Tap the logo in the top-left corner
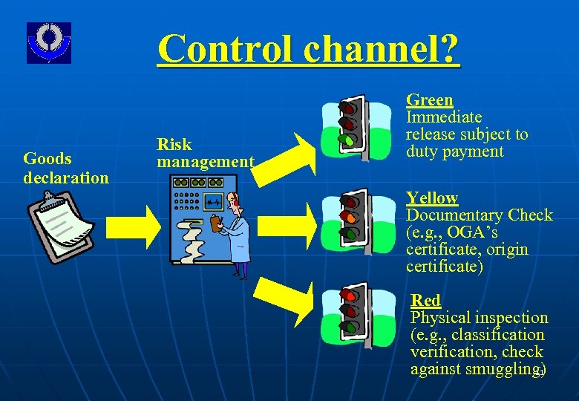point(49,42)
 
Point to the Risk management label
point(205,152)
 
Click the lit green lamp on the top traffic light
point(346,139)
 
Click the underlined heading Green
point(430,100)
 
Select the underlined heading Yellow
point(431,198)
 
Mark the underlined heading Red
point(425,300)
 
